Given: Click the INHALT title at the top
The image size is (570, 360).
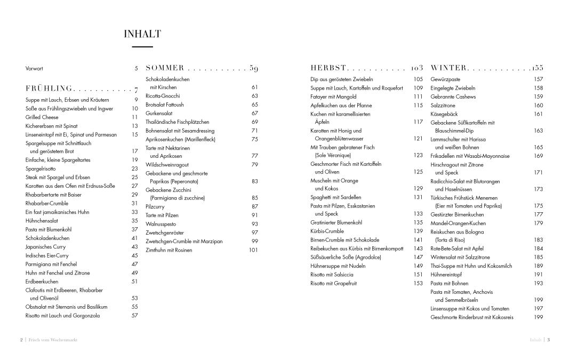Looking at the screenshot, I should tap(142, 34).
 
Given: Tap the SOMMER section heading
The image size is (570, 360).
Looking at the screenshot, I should tap(165, 68).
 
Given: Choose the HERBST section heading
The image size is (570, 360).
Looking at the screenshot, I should tap(328, 68).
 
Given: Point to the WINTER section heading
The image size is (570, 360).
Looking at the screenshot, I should tap(449, 68).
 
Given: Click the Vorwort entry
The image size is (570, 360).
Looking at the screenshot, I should tap(34, 68).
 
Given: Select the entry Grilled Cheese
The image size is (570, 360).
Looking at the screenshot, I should tap(42, 117).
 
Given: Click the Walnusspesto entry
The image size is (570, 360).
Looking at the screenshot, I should tap(160, 224).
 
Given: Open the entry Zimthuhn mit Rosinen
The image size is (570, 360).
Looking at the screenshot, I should tap(169, 250).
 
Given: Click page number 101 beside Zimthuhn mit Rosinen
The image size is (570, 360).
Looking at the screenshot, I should tap(253, 250).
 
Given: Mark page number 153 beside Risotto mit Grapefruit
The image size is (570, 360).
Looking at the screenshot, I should tap(418, 283).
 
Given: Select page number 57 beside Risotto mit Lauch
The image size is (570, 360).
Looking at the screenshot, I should tap(135, 315).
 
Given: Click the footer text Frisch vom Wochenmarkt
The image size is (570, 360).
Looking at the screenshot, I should tap(53, 340).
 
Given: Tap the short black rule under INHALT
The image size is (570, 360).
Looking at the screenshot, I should tap(142, 47).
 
